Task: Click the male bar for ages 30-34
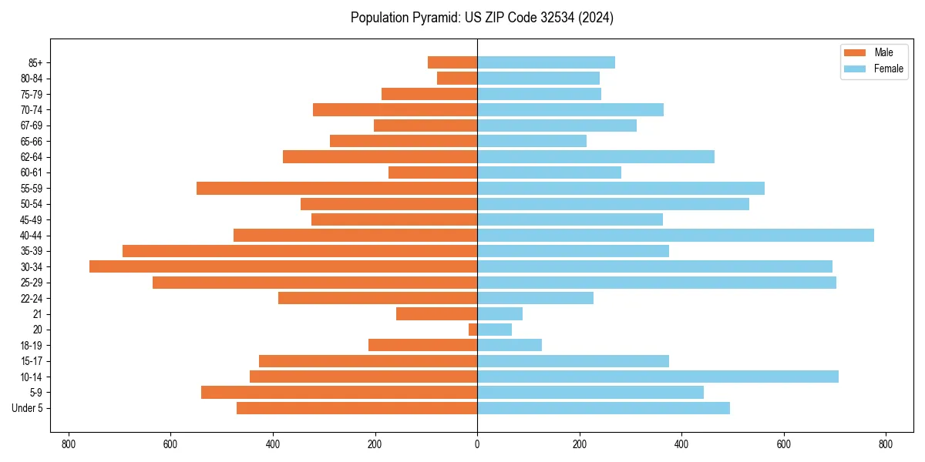pos(283,266)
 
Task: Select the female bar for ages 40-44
pos(675,235)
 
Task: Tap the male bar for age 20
pos(473,330)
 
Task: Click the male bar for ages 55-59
pos(337,188)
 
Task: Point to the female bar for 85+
pos(546,62)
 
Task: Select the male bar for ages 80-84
pos(457,78)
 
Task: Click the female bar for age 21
pos(499,313)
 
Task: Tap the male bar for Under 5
pos(357,408)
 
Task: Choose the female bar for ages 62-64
pos(596,156)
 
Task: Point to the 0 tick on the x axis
pos(477,444)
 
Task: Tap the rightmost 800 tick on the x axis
pos(886,444)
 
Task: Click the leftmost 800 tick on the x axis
pos(69,444)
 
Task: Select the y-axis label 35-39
pos(31,251)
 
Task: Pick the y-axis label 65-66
pos(31,141)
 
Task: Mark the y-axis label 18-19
pos(31,345)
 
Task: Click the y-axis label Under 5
pos(27,408)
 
